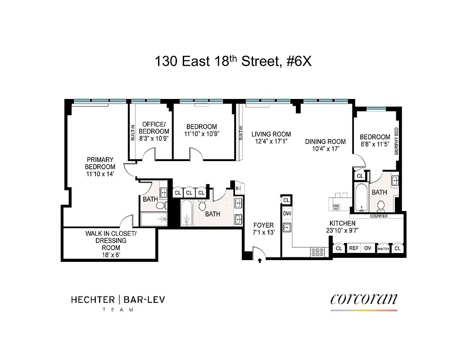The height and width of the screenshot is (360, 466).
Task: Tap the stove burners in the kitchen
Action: point(317,252)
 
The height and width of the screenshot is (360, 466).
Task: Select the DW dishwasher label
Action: point(287,214)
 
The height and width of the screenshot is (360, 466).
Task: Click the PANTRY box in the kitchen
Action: point(383,248)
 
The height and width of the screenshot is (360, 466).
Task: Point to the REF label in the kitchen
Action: point(354,248)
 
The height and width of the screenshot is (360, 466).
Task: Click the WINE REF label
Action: point(336,207)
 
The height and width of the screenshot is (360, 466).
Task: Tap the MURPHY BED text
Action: point(397,141)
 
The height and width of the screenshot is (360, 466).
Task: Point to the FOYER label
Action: point(263,225)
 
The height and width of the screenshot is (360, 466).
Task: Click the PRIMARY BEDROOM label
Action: point(100,163)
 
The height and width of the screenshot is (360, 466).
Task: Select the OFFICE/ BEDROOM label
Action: point(154,127)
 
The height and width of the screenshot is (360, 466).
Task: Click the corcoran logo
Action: point(364,299)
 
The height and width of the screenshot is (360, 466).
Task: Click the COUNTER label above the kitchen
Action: point(379,216)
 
